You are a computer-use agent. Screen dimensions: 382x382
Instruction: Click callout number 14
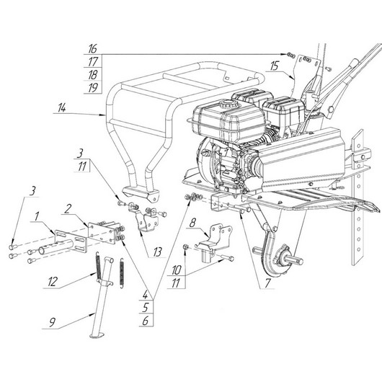click(62, 107)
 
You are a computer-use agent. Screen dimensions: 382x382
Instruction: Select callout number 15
click(274, 66)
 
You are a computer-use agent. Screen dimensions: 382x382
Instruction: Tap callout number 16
click(92, 49)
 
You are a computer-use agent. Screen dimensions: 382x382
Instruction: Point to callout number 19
click(92, 88)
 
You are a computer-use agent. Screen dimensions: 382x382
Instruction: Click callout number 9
click(53, 323)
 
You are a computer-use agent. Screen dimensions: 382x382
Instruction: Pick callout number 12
click(53, 282)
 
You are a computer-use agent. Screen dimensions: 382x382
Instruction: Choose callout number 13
click(157, 252)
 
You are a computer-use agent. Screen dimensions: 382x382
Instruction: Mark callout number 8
click(192, 223)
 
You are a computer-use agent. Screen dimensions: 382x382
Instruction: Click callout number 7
click(267, 283)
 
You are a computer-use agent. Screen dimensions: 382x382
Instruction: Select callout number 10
click(177, 270)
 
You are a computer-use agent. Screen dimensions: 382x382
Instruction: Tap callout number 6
click(146, 321)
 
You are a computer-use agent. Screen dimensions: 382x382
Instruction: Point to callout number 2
click(68, 208)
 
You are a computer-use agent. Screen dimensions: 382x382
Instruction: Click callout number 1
click(37, 216)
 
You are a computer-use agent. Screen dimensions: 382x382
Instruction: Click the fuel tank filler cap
click(226, 105)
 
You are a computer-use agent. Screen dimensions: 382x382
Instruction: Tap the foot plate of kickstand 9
click(97, 335)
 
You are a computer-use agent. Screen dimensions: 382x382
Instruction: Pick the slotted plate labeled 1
click(71, 242)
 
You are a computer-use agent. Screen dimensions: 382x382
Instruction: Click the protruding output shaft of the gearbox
click(296, 260)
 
